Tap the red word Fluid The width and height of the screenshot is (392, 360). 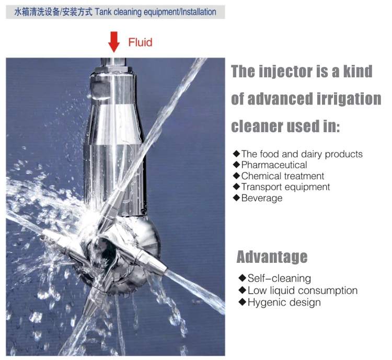click(x=140, y=42)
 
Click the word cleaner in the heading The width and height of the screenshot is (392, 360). click(x=257, y=126)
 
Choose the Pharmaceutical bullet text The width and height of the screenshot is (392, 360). click(x=274, y=165)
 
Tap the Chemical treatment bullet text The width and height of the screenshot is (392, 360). click(x=282, y=176)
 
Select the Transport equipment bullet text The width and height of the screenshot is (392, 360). click(x=285, y=187)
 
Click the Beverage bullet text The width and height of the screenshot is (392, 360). click(x=261, y=198)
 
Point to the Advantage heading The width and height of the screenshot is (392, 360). click(x=272, y=257)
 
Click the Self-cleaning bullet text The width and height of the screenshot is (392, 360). click(x=279, y=278)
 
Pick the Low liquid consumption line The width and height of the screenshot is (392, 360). click(x=302, y=291)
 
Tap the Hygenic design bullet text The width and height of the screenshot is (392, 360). click(x=284, y=303)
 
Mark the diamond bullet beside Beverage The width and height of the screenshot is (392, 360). click(x=236, y=198)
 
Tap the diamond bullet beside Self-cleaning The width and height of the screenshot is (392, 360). click(x=242, y=278)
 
